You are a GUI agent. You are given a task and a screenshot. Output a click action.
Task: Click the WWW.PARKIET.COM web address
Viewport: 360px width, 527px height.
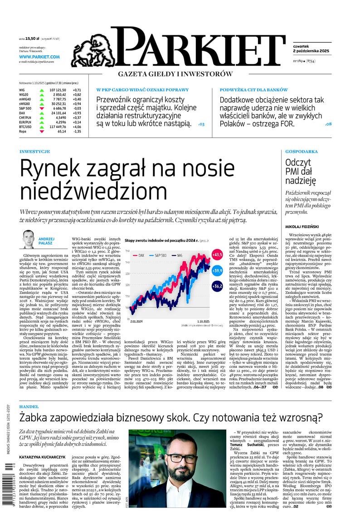pyautogui.click(x=39, y=57)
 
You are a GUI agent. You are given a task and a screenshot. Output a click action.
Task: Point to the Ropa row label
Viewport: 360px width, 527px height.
pyautogui.click(x=23, y=132)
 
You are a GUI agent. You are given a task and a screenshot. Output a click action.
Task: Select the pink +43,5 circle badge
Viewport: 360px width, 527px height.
pyautogui.click(x=217, y=255)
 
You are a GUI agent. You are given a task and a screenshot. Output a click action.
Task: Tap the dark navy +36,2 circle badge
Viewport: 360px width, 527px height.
pyautogui.click(x=217, y=286)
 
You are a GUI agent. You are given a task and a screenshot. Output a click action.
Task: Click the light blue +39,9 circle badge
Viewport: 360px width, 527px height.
pyautogui.click(x=217, y=270)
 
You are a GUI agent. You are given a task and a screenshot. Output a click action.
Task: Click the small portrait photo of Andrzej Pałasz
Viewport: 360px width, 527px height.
pyautogui.click(x=29, y=239)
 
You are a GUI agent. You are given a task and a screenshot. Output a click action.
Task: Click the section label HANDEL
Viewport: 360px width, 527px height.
pyautogui.click(x=29, y=407)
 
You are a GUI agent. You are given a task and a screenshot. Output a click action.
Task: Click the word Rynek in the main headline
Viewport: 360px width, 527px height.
pyautogui.click(x=49, y=169)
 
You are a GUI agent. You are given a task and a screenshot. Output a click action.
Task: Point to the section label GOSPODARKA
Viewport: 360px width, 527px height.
pyautogui.click(x=302, y=151)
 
